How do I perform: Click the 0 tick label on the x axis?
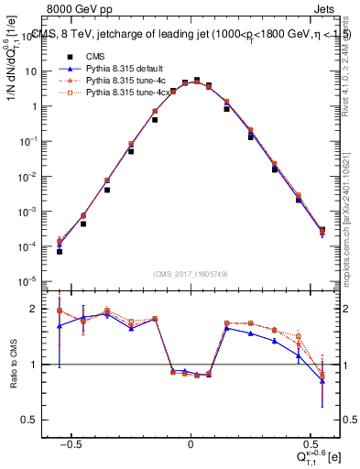(191, 443)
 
